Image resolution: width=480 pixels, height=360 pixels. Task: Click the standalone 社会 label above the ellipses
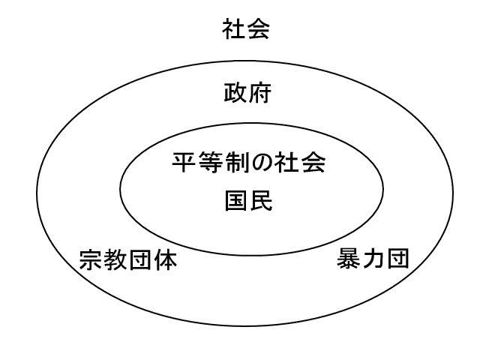(x=246, y=30)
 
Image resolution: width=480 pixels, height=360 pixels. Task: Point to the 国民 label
(x=248, y=200)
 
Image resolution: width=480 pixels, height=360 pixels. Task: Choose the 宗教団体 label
(x=128, y=260)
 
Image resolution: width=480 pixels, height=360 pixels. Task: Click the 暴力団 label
(x=371, y=260)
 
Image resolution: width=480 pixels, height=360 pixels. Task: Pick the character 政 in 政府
(x=235, y=95)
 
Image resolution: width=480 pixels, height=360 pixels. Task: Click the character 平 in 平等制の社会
(x=183, y=162)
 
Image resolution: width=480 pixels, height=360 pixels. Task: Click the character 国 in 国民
(x=236, y=200)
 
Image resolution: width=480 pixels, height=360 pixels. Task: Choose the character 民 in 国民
(x=261, y=200)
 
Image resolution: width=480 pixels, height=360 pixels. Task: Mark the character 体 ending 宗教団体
(x=166, y=260)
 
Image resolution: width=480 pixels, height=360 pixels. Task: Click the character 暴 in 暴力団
(x=346, y=260)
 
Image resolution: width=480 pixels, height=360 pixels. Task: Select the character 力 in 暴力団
(x=371, y=260)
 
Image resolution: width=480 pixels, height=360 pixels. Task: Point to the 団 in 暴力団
(x=396, y=260)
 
